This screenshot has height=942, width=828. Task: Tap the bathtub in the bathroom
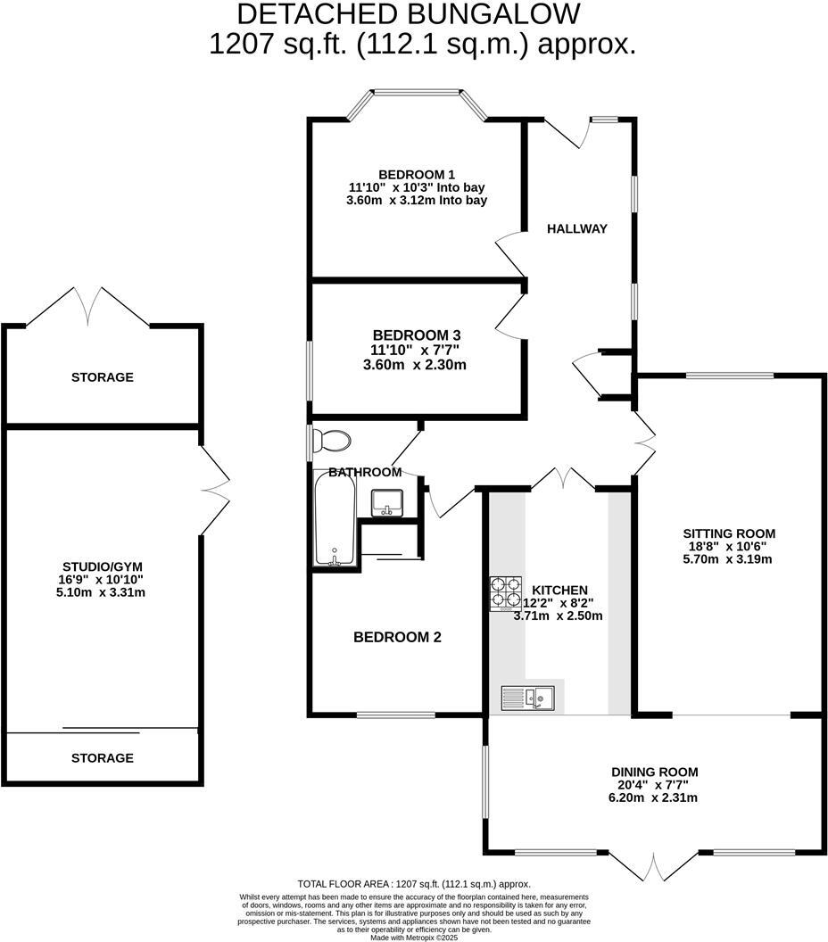(335, 517)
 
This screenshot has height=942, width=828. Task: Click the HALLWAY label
(576, 228)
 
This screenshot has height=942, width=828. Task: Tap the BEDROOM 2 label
(397, 638)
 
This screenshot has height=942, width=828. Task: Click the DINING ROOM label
(654, 772)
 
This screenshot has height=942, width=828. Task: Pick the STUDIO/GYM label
(103, 566)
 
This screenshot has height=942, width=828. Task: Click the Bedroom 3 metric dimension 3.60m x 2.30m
(416, 365)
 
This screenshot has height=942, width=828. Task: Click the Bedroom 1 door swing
(509, 252)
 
